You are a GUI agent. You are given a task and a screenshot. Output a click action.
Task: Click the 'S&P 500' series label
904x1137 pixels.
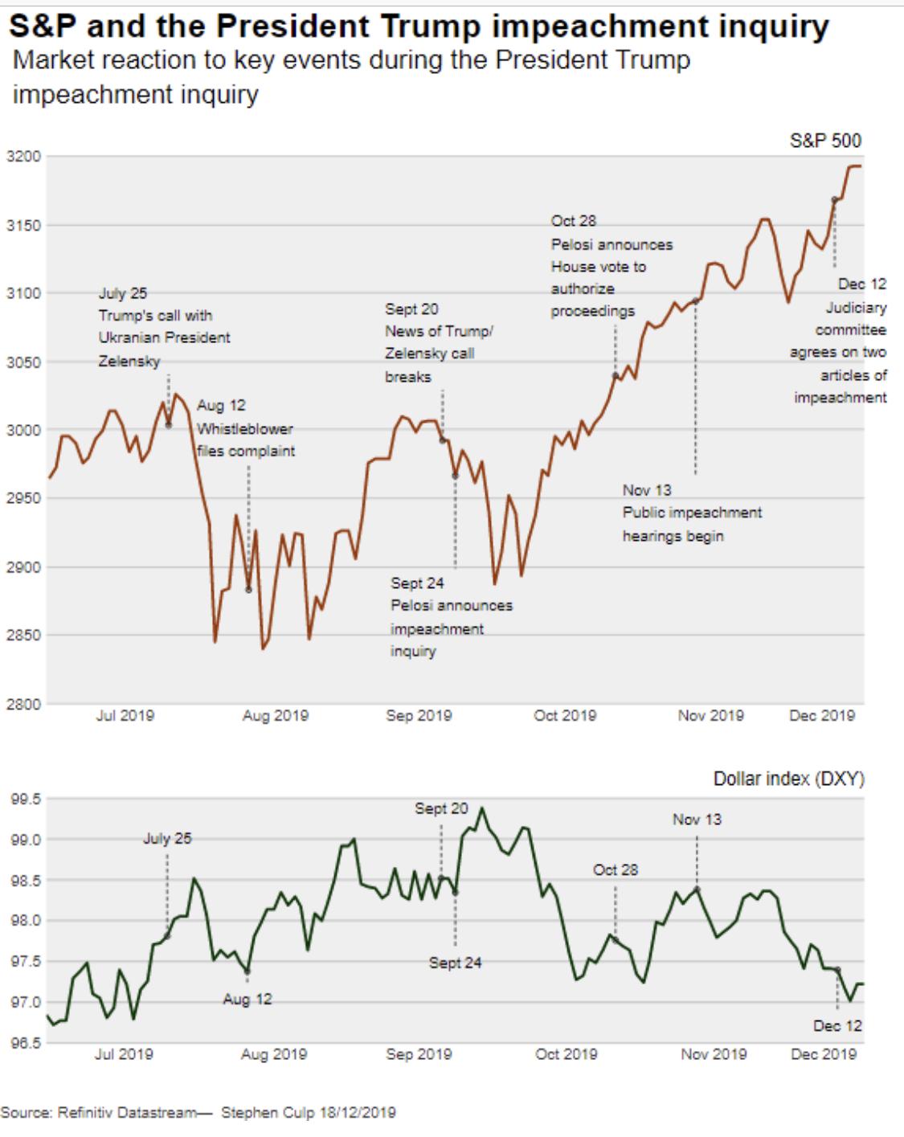(x=825, y=141)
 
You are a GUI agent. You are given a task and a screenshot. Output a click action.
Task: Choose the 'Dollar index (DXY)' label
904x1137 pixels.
(x=788, y=779)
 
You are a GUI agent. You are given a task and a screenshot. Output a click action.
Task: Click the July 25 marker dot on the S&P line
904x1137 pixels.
(x=169, y=425)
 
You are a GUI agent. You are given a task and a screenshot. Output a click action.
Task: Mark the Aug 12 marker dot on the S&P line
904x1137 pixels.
(x=248, y=590)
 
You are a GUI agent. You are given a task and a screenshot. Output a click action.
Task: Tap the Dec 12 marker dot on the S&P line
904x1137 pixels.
(x=835, y=199)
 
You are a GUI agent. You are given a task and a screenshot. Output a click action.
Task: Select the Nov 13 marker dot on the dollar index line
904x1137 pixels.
(x=697, y=889)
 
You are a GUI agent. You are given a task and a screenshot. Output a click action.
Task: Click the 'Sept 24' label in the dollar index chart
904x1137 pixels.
(x=455, y=962)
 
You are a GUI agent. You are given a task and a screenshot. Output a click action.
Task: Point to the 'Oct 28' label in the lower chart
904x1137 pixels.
(x=616, y=869)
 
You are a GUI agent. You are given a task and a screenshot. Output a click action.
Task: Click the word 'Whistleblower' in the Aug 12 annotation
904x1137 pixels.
(x=245, y=428)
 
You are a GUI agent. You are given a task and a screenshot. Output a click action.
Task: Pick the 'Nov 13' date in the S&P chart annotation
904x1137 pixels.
(x=647, y=490)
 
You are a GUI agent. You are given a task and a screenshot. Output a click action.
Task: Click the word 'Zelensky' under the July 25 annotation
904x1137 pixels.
(x=129, y=361)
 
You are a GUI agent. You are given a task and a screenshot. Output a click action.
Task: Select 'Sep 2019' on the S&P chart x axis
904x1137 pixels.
(x=419, y=714)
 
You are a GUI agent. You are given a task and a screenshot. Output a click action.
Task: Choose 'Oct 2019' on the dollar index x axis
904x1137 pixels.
(x=566, y=1053)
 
